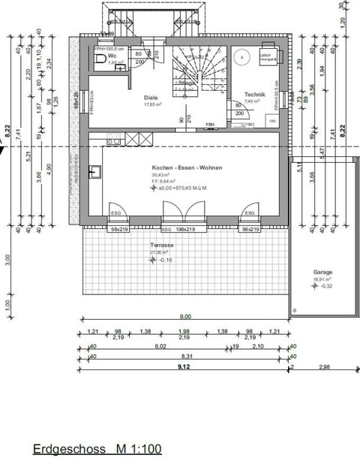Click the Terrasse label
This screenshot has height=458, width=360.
tap(162, 246)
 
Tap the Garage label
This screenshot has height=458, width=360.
tap(324, 273)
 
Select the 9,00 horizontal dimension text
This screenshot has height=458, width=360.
tap(184, 318)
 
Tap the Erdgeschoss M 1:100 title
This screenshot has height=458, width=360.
tap(97, 449)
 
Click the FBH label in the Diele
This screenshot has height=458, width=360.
tap(211, 124)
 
